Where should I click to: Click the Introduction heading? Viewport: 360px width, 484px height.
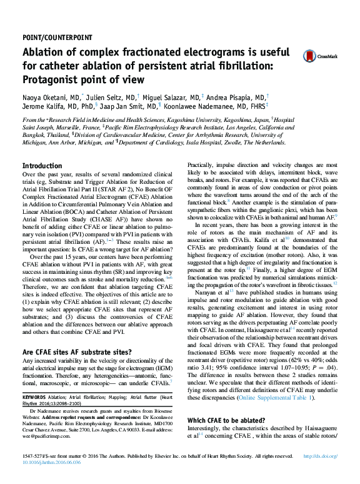(42, 166)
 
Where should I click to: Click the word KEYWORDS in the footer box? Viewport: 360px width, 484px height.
(34, 396)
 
